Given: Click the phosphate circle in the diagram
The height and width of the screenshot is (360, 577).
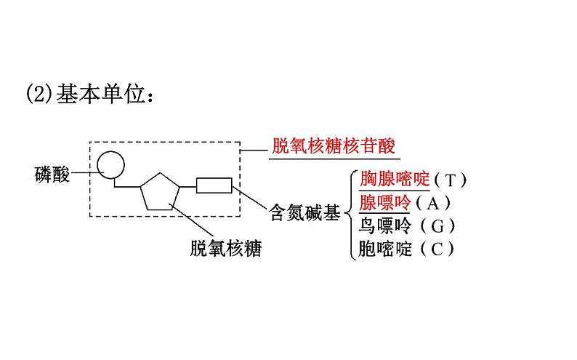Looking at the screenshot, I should click(112, 164).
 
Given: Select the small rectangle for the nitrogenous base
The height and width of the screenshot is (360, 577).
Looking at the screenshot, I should click(214, 185).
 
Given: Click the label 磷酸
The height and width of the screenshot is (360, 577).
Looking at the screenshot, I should click(52, 175).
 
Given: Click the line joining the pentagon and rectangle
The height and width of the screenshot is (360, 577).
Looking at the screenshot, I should click(188, 187).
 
